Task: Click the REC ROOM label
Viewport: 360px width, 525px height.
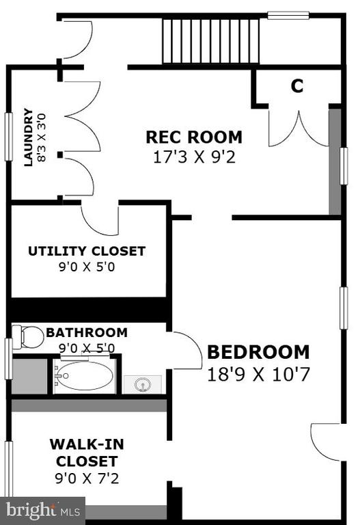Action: (194, 137)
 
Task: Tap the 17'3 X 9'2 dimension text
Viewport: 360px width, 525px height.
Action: (195, 157)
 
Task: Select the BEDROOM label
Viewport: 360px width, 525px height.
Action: (259, 352)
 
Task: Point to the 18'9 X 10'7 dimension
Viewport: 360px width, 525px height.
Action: (259, 375)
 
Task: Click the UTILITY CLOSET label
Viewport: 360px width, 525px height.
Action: (87, 251)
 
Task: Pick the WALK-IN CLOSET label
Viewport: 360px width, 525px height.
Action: (87, 453)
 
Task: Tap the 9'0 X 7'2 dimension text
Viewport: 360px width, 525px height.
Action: (87, 478)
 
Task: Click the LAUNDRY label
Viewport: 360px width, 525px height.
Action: (29, 137)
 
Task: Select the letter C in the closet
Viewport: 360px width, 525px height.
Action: (297, 85)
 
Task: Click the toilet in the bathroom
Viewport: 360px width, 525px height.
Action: (28, 337)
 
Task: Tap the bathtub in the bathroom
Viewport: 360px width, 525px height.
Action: (84, 376)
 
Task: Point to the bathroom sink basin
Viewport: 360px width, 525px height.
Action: (143, 385)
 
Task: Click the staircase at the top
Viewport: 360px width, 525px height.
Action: (211, 41)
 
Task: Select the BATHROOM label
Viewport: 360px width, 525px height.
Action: (87, 332)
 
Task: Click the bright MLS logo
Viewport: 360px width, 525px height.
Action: (43, 511)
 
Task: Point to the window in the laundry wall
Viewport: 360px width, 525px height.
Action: (8, 137)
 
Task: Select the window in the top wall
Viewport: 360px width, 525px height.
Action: (288, 16)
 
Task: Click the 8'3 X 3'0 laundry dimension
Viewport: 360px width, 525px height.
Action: (42, 138)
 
